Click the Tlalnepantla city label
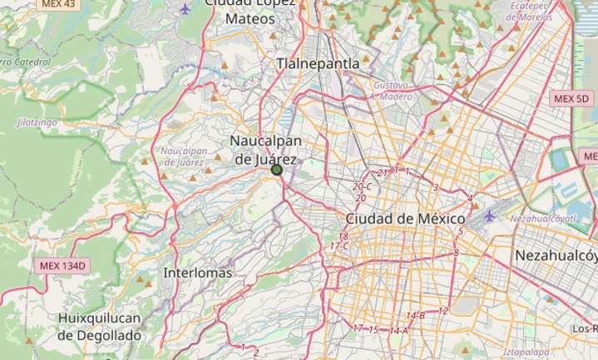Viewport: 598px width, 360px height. pos(319,63)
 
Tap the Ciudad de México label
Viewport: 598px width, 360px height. pos(404,219)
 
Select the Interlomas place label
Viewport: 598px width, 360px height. pos(197,273)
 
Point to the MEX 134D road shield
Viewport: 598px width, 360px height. pos(63,266)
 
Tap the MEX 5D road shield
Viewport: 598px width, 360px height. pos(571,98)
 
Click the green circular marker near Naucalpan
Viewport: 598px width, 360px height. pos(277,170)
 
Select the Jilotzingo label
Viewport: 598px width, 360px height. pos(37,122)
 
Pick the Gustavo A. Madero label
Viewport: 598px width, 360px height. pos(392,91)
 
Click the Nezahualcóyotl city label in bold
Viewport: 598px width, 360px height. pos(556,255)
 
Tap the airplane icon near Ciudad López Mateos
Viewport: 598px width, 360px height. pos(185,9)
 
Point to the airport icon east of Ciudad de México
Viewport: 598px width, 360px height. pos(489,216)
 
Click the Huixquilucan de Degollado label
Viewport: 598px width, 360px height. pos(100,327)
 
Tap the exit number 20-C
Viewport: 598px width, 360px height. pos(362,187)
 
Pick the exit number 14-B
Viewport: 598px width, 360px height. pos(415,316)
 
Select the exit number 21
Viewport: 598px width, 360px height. pos(383,173)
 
